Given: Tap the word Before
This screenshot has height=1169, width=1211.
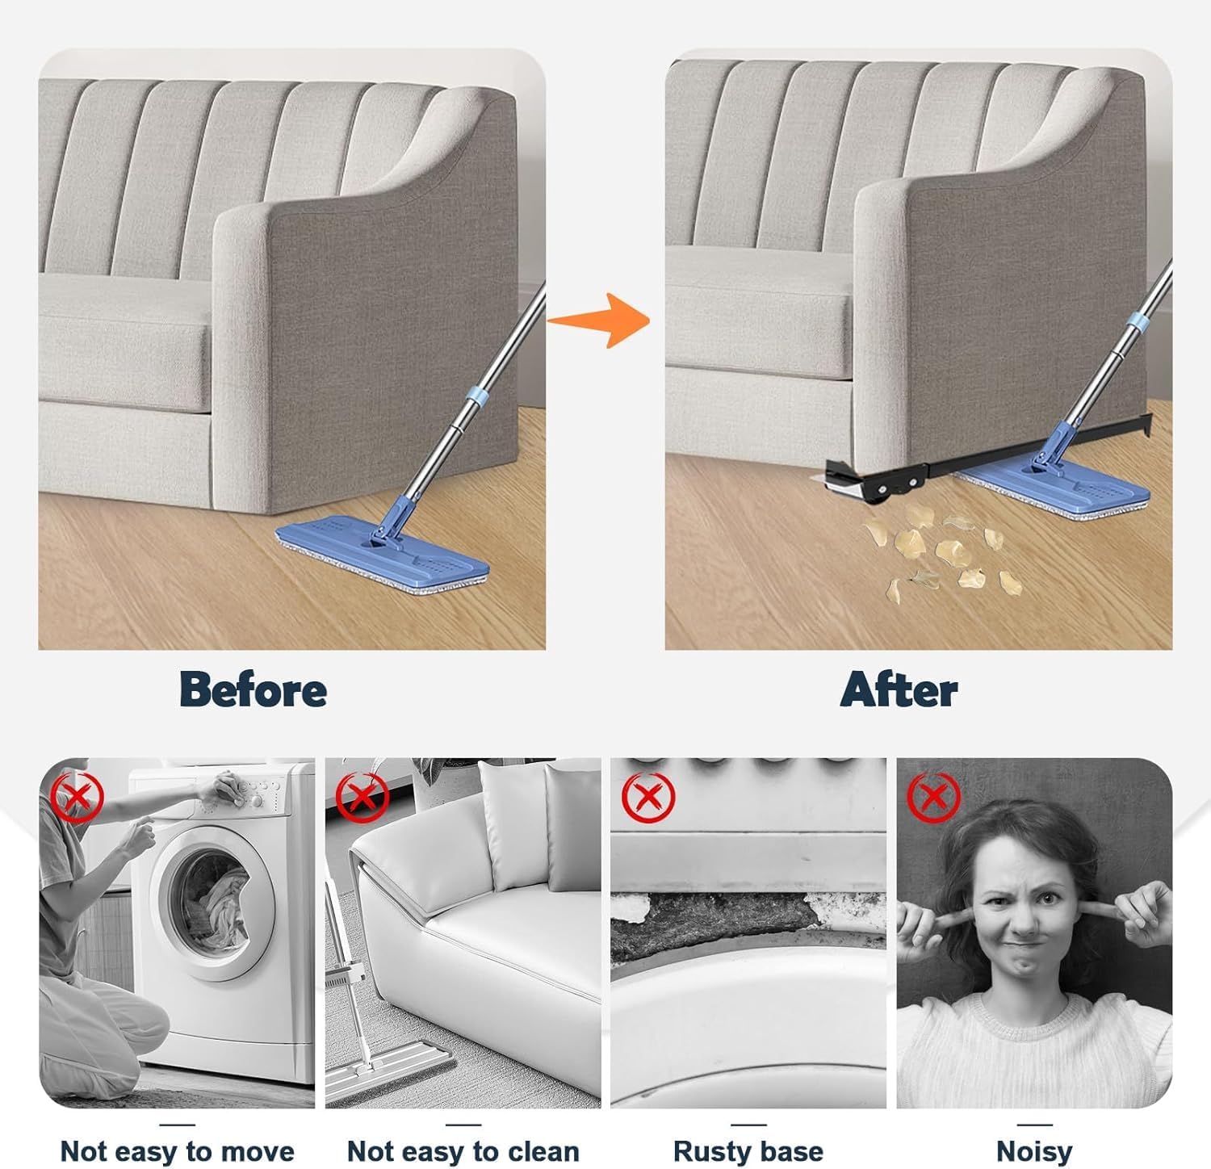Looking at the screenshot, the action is click(x=253, y=690).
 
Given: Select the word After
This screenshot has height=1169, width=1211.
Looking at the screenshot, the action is click(x=899, y=690).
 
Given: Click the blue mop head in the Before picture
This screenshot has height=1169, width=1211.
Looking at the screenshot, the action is click(x=383, y=556).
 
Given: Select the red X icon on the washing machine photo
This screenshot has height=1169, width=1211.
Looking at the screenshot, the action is click(x=78, y=798).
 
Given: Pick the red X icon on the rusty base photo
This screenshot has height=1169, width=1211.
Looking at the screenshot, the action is click(x=649, y=798).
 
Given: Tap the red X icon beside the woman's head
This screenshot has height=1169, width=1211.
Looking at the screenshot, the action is click(x=934, y=798).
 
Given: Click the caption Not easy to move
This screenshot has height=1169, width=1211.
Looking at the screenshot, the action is click(x=178, y=1150).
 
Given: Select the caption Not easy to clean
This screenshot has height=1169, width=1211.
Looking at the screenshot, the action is click(x=463, y=1150).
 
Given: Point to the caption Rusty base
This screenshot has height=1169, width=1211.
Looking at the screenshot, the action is click(x=748, y=1150).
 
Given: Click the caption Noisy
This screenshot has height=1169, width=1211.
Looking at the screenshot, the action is click(x=1034, y=1150).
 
